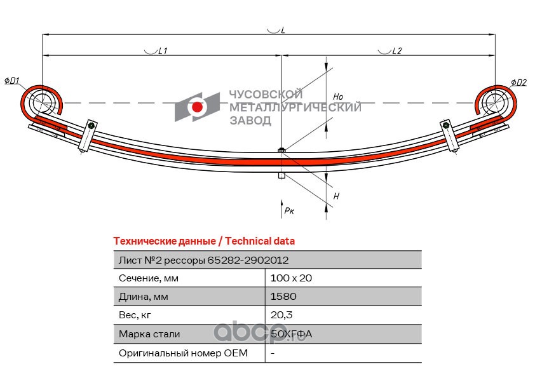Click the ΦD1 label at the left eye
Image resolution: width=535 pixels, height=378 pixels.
click(x=11, y=81)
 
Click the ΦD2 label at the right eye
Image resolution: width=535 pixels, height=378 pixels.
click(x=518, y=82)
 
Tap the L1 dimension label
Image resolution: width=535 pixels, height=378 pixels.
click(x=163, y=51)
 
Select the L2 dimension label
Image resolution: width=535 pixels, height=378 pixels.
click(x=397, y=51)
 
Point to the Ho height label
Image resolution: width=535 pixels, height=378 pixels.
click(x=338, y=97)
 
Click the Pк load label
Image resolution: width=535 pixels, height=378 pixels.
click(x=289, y=210)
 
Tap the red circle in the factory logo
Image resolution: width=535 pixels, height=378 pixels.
click(x=197, y=107)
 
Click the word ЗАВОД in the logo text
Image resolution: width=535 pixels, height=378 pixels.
click(x=250, y=120)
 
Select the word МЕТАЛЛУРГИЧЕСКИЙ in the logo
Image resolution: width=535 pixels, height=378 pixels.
click(x=295, y=107)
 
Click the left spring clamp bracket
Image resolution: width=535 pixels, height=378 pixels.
click(x=88, y=135)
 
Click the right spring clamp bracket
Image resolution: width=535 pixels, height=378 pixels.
click(x=450, y=135)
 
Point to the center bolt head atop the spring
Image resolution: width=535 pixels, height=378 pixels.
click(x=281, y=149)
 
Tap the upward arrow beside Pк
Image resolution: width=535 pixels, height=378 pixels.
click(x=281, y=208)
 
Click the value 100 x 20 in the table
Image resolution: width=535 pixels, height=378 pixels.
click(x=291, y=278)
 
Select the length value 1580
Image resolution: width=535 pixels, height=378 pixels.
click(x=283, y=297)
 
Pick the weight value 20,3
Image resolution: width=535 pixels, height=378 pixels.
click(x=281, y=315)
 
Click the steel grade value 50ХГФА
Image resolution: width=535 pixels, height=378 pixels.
click(x=291, y=334)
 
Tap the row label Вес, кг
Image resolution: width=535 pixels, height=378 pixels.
click(x=135, y=315)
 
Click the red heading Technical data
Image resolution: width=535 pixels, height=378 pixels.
click(x=260, y=241)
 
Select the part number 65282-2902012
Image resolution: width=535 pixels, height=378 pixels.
click(x=248, y=260)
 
